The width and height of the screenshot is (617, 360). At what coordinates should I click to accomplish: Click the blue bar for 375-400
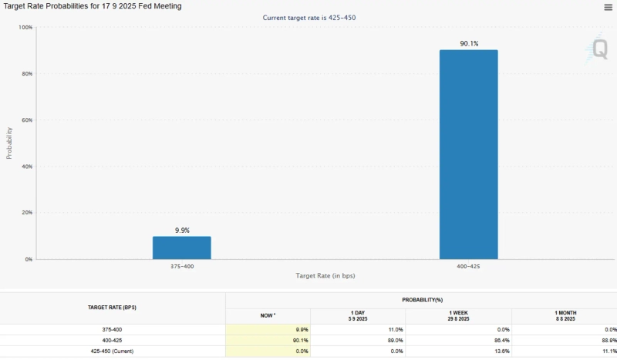[x=181, y=247]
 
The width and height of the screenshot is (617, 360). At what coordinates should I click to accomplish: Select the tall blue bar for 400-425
[x=468, y=154]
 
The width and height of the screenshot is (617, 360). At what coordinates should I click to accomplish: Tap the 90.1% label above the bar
[x=469, y=44]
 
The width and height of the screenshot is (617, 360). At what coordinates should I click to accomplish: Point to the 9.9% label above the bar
[x=182, y=230]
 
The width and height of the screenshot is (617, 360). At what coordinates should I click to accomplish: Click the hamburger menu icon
[x=608, y=7]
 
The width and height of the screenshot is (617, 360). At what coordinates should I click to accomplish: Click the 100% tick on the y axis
[x=25, y=28]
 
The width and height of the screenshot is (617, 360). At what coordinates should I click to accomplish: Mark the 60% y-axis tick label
[x=27, y=120]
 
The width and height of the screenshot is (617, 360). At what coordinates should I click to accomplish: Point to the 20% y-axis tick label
[x=27, y=213]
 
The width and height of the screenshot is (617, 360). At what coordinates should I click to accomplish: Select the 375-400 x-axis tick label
[x=181, y=266]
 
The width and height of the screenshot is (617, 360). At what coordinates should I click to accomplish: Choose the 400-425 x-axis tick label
[x=468, y=266]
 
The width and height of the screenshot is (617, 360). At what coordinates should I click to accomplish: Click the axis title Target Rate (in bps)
[x=325, y=275]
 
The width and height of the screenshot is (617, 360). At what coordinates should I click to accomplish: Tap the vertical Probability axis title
[x=10, y=139]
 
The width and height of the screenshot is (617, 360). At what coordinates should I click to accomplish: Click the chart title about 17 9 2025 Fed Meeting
[x=93, y=6]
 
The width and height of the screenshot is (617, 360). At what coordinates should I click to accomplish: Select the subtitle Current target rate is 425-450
[x=309, y=17]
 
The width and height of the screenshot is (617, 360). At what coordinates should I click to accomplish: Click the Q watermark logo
[x=599, y=49]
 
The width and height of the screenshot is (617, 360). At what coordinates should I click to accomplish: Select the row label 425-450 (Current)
[x=113, y=351]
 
